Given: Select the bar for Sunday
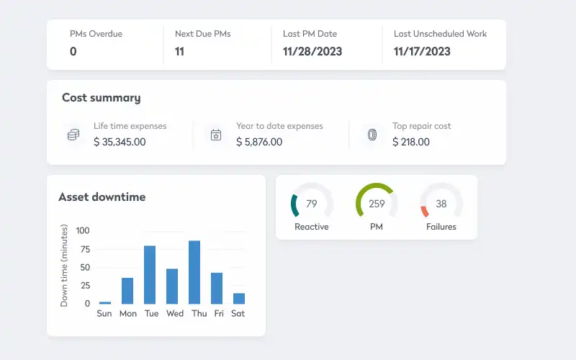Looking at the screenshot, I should click(x=105, y=302).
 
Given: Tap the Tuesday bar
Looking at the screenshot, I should click(x=150, y=275).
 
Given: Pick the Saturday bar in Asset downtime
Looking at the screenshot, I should click(x=239, y=298).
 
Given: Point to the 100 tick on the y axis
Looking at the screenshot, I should click(x=83, y=230).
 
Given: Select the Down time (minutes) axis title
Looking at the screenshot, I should click(x=64, y=266).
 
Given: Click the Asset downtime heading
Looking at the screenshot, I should click(x=102, y=197).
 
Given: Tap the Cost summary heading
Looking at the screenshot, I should click(x=101, y=98).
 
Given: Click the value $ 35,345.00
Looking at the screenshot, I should click(x=120, y=142).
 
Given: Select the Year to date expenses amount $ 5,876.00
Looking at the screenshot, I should click(x=259, y=142).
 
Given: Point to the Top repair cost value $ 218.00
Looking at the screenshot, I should click(x=411, y=142).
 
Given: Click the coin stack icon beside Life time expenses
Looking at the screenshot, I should click(x=73, y=135).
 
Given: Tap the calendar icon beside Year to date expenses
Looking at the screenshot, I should click(x=215, y=135).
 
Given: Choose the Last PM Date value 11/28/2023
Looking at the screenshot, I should click(x=312, y=51).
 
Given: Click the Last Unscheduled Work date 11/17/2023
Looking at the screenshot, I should click(x=422, y=51).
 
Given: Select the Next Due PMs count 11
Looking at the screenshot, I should click(x=180, y=51).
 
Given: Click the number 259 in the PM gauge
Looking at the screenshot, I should click(x=377, y=204).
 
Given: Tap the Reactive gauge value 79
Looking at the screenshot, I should click(x=312, y=204).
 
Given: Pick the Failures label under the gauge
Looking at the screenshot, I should click(x=441, y=227).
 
